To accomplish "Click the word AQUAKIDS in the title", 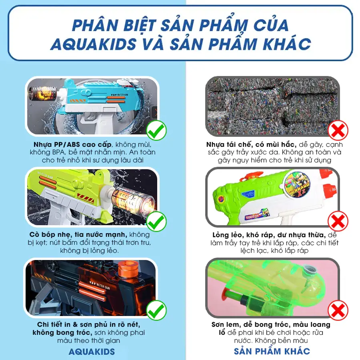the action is (93, 44).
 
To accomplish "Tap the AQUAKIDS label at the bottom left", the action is (92, 352).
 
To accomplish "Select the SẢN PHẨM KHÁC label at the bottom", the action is (272, 351).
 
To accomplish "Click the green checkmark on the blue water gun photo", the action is (156, 130).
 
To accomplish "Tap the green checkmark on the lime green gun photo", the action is (156, 221).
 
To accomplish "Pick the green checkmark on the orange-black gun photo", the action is (156, 310).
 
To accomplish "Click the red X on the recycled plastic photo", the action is (338, 130).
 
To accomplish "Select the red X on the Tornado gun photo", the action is (338, 221).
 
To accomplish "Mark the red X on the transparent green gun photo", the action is (338, 310).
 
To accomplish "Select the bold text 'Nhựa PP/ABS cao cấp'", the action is (72, 144).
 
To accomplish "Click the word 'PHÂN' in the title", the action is (96, 25).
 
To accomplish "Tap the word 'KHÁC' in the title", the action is (287, 44).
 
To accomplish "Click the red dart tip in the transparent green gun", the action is (227, 292).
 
